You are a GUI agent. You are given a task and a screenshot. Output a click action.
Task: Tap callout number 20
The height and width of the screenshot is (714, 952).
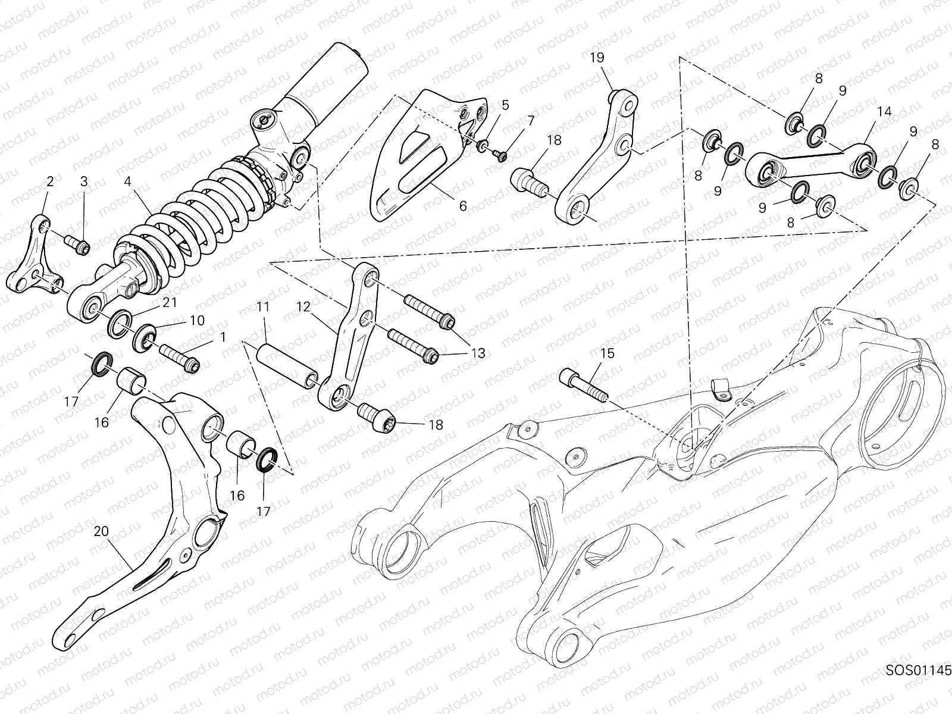[101, 531]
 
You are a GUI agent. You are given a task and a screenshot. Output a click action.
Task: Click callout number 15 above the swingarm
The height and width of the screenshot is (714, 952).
[606, 353]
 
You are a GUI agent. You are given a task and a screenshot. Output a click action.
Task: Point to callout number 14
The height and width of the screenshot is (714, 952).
[884, 111]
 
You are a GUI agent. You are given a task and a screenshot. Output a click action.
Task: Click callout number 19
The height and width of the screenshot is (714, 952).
[597, 58]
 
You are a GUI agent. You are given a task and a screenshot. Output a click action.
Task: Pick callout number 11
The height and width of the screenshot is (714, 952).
[263, 307]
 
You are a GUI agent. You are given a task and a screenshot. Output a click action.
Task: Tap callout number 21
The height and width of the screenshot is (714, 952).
[170, 303]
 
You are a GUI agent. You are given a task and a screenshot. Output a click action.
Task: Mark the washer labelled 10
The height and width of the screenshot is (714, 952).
[145, 337]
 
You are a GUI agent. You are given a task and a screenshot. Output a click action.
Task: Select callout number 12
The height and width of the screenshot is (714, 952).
[303, 307]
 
